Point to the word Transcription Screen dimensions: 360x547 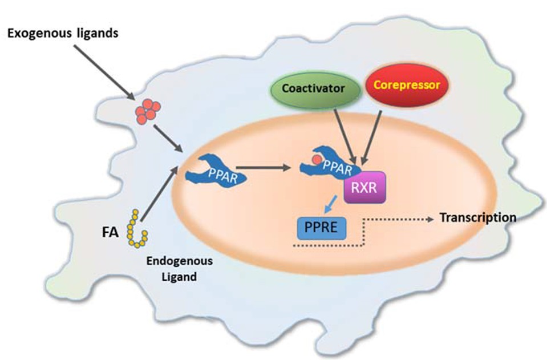coord(478,218)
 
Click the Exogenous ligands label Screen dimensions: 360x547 coord(63,33)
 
